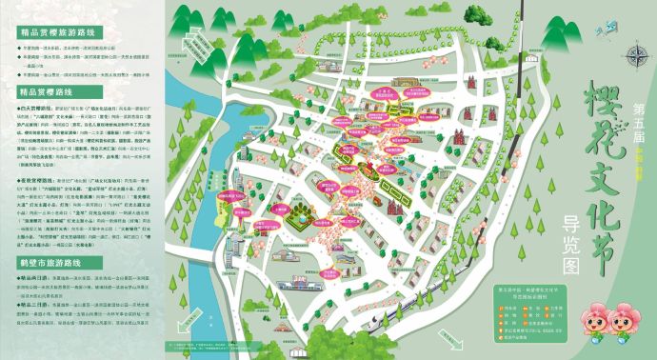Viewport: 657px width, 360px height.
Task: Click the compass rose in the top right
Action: tap(635, 55)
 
